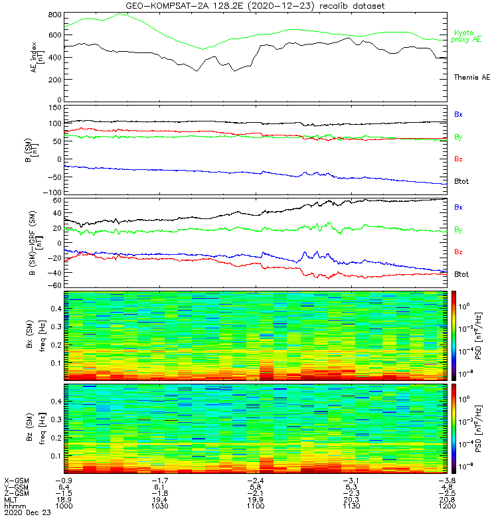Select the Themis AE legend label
pyautogui.click(x=471, y=78)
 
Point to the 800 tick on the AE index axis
pyautogui.click(x=54, y=15)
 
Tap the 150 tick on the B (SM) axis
pyautogui.click(x=54, y=107)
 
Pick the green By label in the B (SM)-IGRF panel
pyautogui.click(x=459, y=230)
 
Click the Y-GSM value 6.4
pyautogui.click(x=64, y=487)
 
